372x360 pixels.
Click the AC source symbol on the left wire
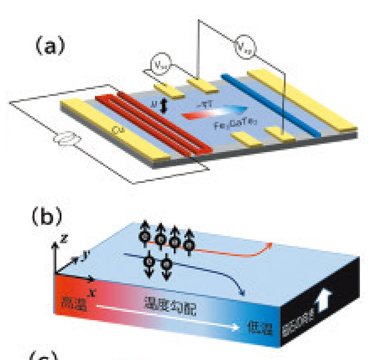click(66, 140)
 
